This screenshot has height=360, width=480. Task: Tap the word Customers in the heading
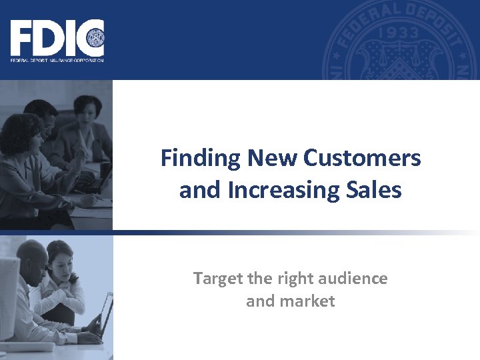coord(362,159)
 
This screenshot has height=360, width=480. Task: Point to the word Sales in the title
coord(373,190)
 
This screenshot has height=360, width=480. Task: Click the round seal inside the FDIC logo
coord(93,37)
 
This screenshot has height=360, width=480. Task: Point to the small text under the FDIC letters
coord(57,60)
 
